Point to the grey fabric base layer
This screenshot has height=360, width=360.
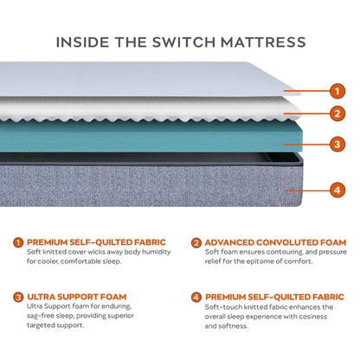click(x=156, y=190)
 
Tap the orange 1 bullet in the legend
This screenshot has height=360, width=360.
click(x=18, y=243)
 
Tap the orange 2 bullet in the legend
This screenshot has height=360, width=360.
click(x=196, y=243)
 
